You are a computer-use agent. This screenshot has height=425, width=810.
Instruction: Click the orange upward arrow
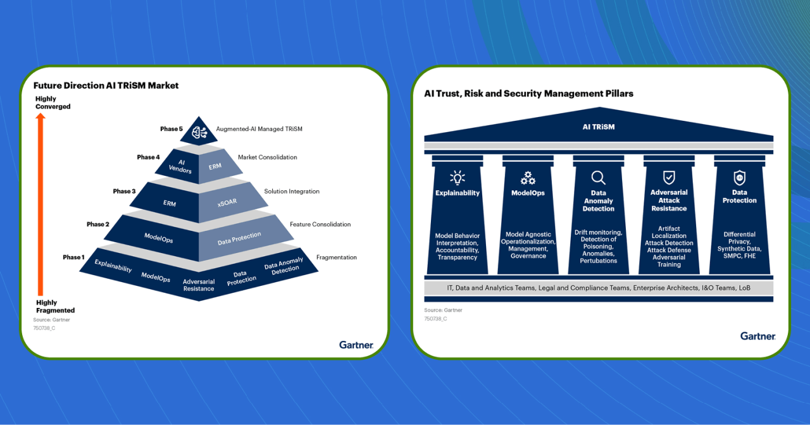click(x=40, y=202)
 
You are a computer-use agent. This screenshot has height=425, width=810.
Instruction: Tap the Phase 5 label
click(x=171, y=129)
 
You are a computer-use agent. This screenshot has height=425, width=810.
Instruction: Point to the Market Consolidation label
click(x=267, y=157)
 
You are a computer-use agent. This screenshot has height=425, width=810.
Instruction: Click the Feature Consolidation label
click(x=320, y=225)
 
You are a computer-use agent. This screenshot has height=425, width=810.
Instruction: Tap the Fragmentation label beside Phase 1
click(x=337, y=257)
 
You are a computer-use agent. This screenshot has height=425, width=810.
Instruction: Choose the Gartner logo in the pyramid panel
click(x=356, y=345)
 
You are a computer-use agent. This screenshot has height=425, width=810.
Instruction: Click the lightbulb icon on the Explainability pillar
click(x=457, y=177)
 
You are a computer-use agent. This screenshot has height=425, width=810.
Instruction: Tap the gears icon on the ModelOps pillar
click(x=528, y=177)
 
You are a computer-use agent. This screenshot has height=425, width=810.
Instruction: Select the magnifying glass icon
click(x=598, y=177)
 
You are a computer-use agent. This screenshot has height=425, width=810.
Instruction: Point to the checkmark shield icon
click(x=669, y=177)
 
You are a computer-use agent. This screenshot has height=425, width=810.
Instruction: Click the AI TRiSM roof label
click(x=598, y=126)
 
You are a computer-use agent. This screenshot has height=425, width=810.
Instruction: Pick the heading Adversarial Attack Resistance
click(x=669, y=200)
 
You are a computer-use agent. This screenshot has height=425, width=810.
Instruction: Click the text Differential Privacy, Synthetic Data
click(x=739, y=242)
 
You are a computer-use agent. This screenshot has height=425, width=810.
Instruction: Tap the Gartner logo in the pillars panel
click(x=757, y=336)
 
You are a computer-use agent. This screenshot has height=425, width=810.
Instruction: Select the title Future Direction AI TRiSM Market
click(x=106, y=85)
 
